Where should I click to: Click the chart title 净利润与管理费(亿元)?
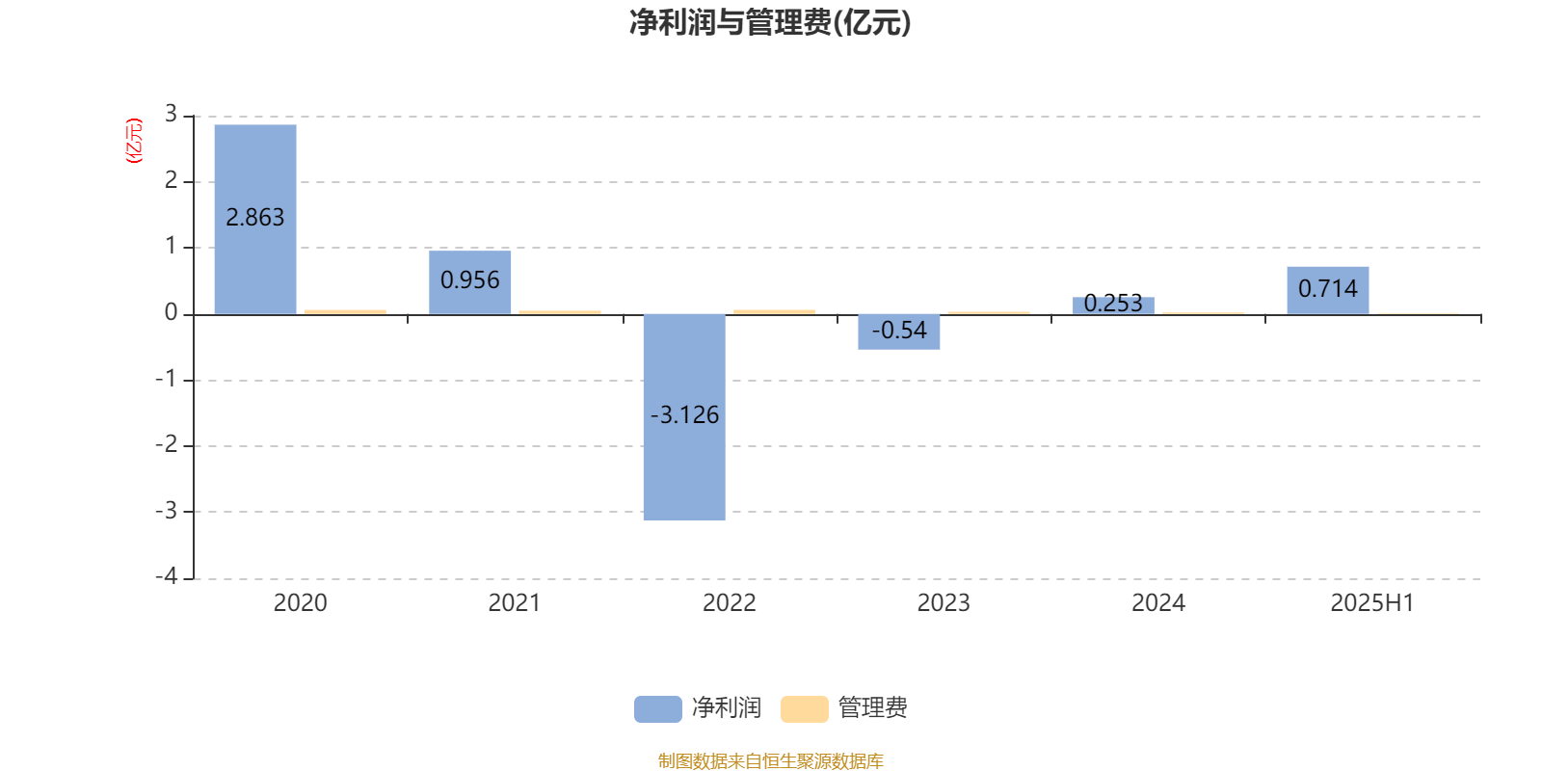770,22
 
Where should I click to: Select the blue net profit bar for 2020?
255,219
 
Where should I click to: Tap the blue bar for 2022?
684,417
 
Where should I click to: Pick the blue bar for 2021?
470,282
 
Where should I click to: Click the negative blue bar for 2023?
899,332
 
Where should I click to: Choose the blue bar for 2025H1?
1328,290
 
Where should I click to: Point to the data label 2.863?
254,218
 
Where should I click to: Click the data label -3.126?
684,415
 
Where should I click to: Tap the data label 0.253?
1113,303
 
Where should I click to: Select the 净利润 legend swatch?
658,709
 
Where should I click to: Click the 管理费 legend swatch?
804,709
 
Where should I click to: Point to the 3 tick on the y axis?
171,115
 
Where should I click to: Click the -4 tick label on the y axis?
166,576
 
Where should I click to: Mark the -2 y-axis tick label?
166,444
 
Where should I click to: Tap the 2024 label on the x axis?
1158,603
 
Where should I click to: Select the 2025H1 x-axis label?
1372,603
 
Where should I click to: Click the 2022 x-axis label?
729,603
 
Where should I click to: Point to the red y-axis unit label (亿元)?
134,141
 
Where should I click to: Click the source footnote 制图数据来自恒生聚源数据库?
770,760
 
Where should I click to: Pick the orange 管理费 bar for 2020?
346,312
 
